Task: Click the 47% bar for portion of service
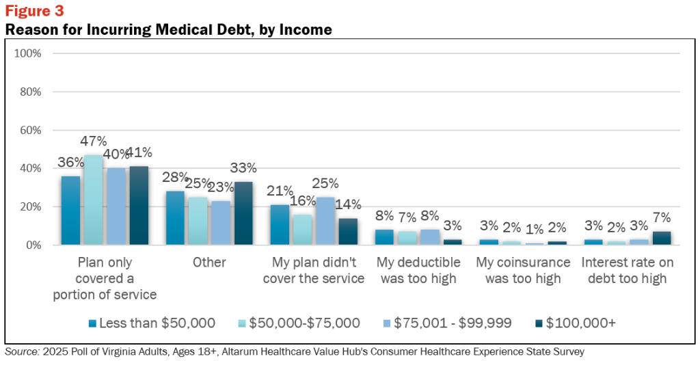93,200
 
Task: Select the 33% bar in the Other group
243,213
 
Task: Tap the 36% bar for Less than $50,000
70,211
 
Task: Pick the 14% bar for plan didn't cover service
348,232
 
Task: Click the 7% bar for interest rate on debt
662,239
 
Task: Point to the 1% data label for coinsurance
535,230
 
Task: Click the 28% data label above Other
174,177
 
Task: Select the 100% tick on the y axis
27,53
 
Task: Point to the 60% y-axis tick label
31,131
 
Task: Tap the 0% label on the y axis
33,245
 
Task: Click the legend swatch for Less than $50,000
92,323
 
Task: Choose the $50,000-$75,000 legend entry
299,323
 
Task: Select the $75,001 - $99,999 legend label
453,323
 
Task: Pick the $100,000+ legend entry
575,323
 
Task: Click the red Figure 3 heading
34,11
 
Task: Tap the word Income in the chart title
306,30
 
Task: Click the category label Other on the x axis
209,262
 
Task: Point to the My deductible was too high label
418,271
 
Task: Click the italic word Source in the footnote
22,351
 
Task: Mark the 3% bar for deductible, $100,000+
453,242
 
